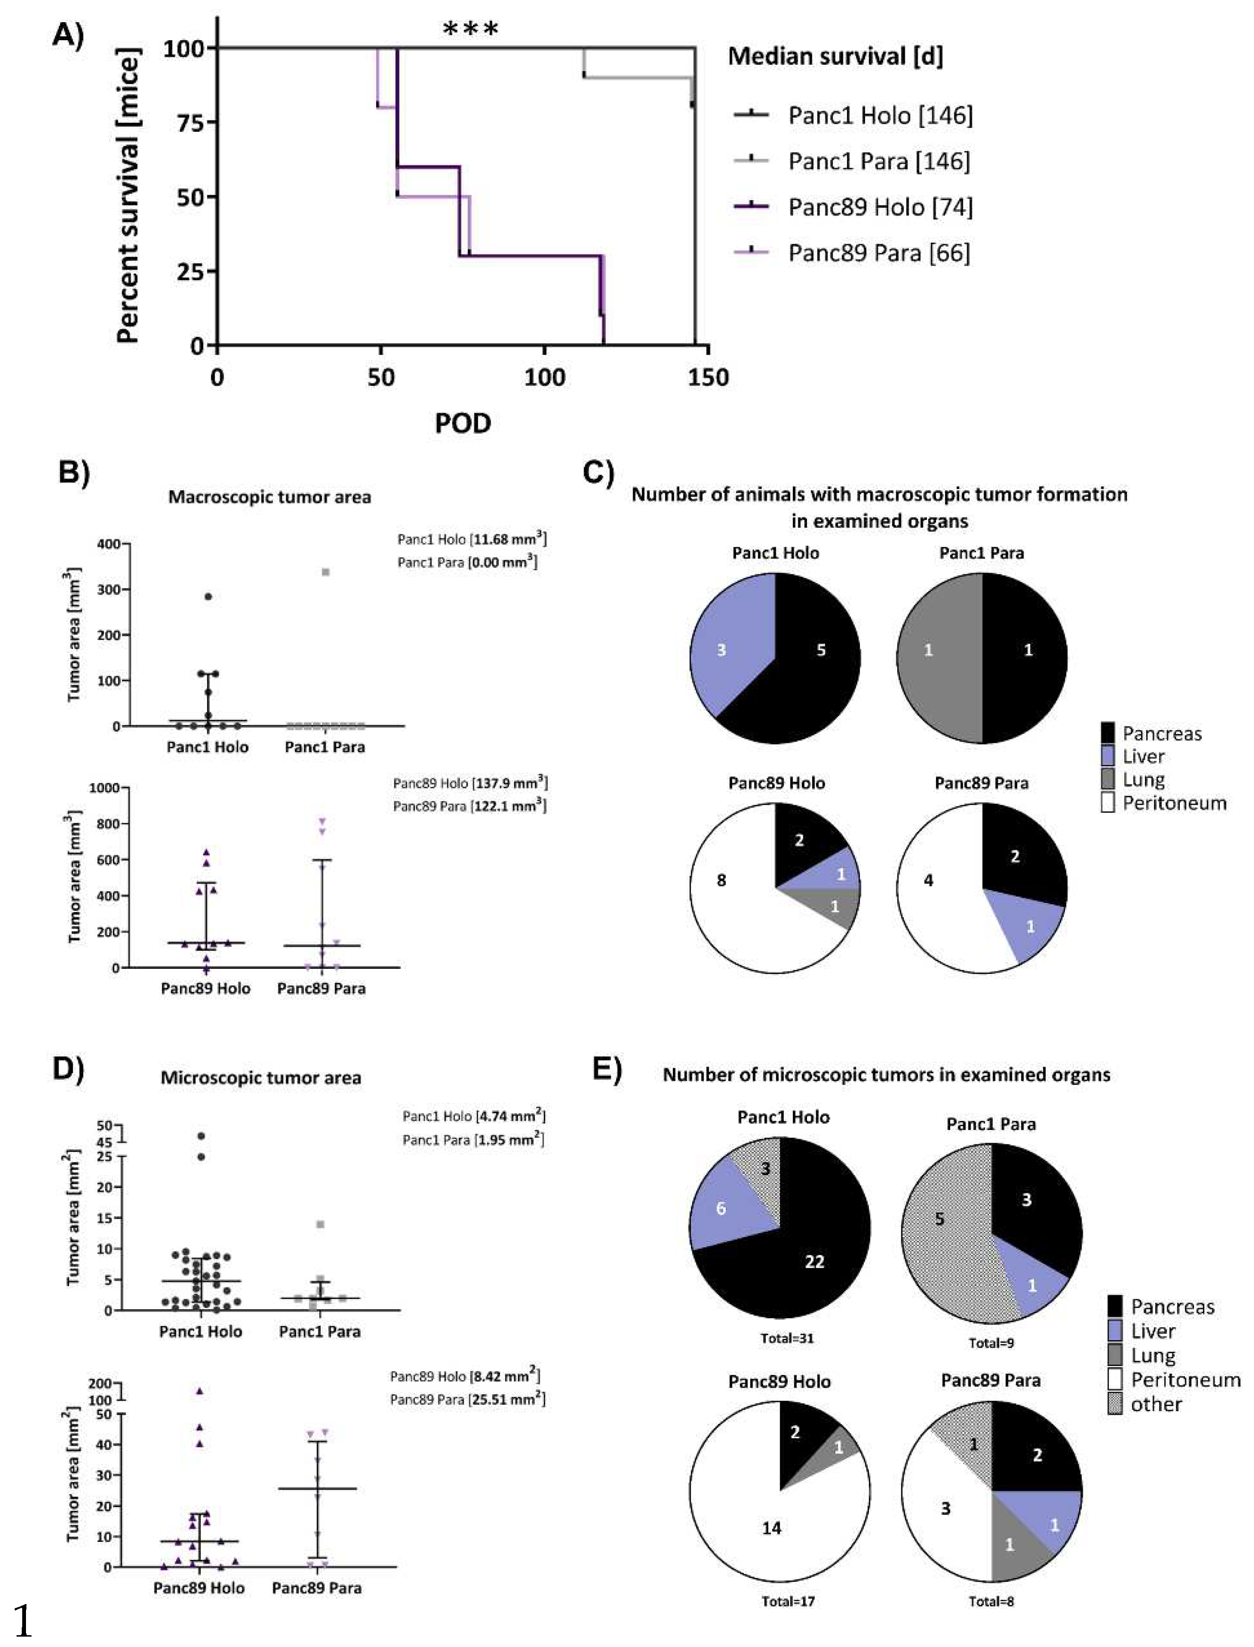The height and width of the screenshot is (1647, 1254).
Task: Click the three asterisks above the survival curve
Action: [x=470, y=30]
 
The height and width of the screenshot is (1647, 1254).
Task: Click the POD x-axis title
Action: [x=463, y=423]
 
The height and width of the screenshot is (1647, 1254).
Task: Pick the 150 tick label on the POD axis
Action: [x=708, y=377]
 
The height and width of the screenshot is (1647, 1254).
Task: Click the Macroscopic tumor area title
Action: [x=269, y=497]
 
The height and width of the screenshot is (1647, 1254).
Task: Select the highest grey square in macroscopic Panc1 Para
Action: [x=326, y=572]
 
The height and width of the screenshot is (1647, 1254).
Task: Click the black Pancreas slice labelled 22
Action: [x=814, y=1261]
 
